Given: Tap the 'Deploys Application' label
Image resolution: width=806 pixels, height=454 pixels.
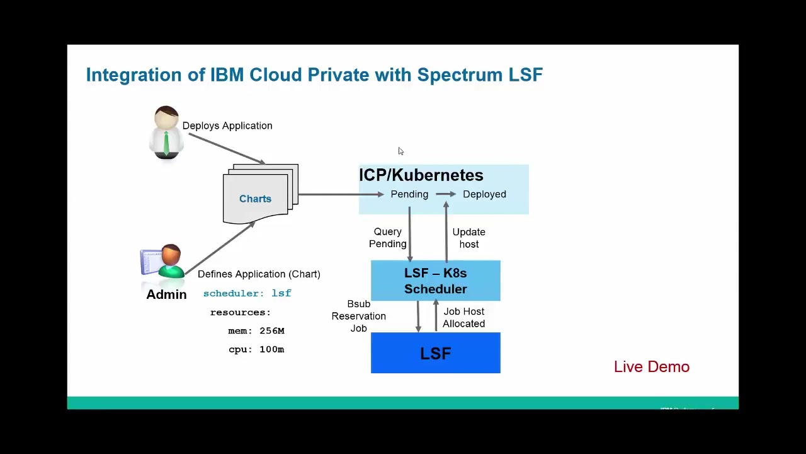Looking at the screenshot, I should click(227, 125).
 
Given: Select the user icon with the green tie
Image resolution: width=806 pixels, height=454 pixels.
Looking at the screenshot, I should click(166, 132).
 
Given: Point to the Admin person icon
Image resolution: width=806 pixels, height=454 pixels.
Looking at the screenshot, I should click(163, 262).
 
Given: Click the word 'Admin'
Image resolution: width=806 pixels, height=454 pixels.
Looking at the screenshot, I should click(166, 294).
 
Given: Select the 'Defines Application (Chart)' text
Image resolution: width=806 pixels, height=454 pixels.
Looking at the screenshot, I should click(259, 274).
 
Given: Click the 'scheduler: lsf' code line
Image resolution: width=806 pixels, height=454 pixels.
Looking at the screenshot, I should click(247, 293).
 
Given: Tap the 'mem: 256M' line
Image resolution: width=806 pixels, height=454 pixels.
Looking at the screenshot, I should click(256, 330).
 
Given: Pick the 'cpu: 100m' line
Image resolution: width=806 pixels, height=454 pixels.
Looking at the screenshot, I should click(256, 349).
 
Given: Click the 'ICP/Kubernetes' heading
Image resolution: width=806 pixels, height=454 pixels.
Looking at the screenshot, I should click(421, 175).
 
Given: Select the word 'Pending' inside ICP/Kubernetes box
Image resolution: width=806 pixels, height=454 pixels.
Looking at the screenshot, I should click(409, 194).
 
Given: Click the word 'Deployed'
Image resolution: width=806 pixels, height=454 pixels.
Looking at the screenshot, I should click(484, 194).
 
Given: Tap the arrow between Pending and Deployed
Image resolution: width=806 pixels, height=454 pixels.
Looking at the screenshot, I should click(446, 194).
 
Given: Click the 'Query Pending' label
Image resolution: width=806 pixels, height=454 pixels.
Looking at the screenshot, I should click(387, 238).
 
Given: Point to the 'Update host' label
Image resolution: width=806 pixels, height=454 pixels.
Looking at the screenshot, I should click(468, 238).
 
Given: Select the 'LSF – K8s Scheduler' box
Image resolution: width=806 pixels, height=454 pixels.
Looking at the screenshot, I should click(436, 281).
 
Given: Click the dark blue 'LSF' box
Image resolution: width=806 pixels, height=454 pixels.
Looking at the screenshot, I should click(436, 353).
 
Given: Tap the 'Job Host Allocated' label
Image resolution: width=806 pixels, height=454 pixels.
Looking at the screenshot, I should click(463, 317).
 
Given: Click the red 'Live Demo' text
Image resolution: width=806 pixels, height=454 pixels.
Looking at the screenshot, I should click(652, 367).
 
